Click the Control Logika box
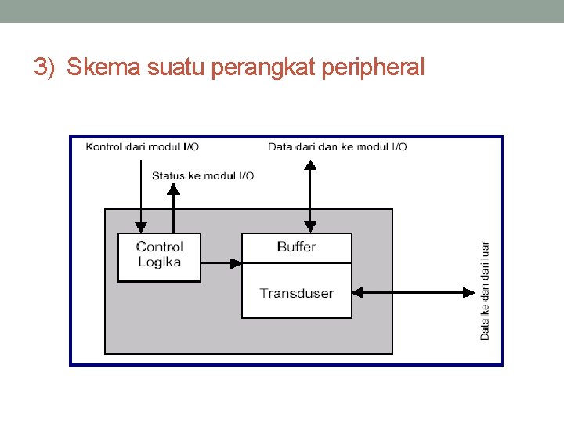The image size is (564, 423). [159, 257]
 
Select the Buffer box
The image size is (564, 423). [296, 248]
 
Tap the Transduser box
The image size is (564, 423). [296, 294]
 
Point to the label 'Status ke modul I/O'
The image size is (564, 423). [203, 175]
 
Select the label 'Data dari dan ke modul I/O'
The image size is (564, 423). [337, 146]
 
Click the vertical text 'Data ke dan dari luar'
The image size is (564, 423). [485, 290]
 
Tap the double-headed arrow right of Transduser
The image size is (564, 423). [414, 293]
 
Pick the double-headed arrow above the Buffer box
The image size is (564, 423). [310, 196]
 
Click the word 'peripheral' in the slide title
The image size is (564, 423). [373, 68]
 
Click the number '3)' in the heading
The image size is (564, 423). [45, 68]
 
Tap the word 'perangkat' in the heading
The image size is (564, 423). [264, 68]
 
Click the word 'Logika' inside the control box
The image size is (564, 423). [159, 262]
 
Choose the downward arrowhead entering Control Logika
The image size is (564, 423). [140, 228]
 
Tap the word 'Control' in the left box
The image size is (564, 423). [159, 248]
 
